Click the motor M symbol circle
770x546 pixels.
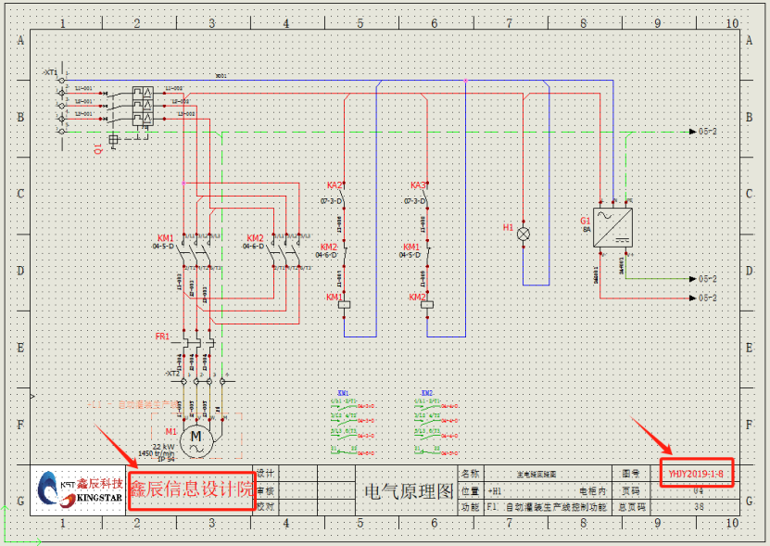point(196,441)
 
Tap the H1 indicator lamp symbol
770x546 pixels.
point(524,235)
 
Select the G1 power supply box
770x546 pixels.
point(613,226)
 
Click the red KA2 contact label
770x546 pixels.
point(335,185)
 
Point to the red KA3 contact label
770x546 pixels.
point(418,185)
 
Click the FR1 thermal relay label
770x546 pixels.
point(162,336)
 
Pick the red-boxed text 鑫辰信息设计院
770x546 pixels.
point(190,489)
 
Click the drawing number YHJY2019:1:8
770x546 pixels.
point(696,473)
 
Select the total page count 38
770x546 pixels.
point(698,507)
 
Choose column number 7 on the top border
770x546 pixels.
point(509,22)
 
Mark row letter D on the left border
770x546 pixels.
point(20,271)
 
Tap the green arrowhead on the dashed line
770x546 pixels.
point(692,132)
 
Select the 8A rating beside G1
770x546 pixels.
point(587,229)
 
